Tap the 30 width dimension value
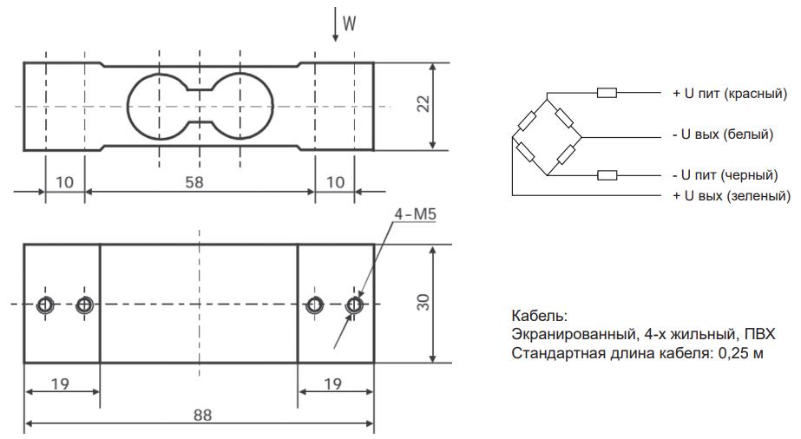tap(423, 304)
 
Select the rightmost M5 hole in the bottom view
tap(354, 305)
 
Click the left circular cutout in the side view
tap(157, 107)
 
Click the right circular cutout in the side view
tap(240, 107)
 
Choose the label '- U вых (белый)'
tap(722, 134)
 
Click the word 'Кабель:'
tap(539, 317)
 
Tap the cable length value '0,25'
tap(728, 353)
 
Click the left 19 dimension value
tap(60, 383)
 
